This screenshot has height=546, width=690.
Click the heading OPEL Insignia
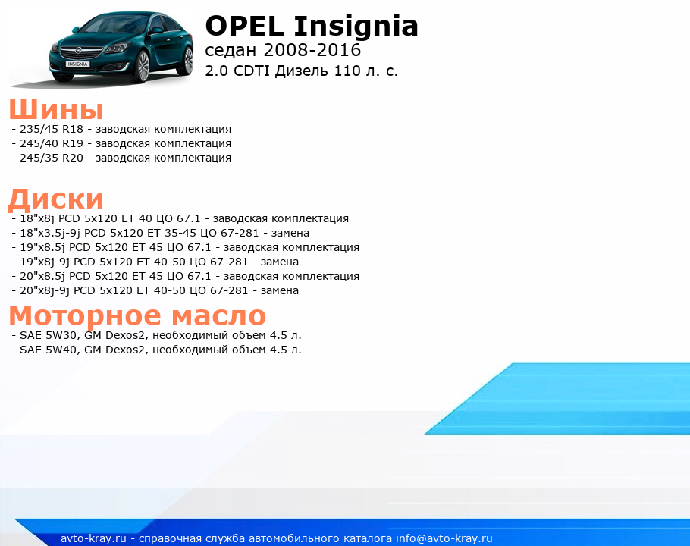tap(312, 27)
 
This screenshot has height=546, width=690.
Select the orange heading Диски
tap(56, 199)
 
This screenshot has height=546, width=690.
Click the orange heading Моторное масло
tap(137, 316)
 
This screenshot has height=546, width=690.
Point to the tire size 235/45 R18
tap(52, 129)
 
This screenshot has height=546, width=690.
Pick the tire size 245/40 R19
tap(52, 143)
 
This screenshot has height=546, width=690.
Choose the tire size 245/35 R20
tap(52, 158)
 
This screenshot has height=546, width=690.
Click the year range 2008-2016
tap(312, 50)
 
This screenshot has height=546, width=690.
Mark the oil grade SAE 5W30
tap(49, 335)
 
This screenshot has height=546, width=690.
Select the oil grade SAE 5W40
tap(49, 350)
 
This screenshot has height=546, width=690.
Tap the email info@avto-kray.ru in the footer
tap(444, 538)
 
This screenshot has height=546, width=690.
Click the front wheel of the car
tap(143, 67)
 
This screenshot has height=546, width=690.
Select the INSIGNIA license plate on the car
tap(77, 64)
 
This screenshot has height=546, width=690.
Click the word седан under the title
tap(231, 51)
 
